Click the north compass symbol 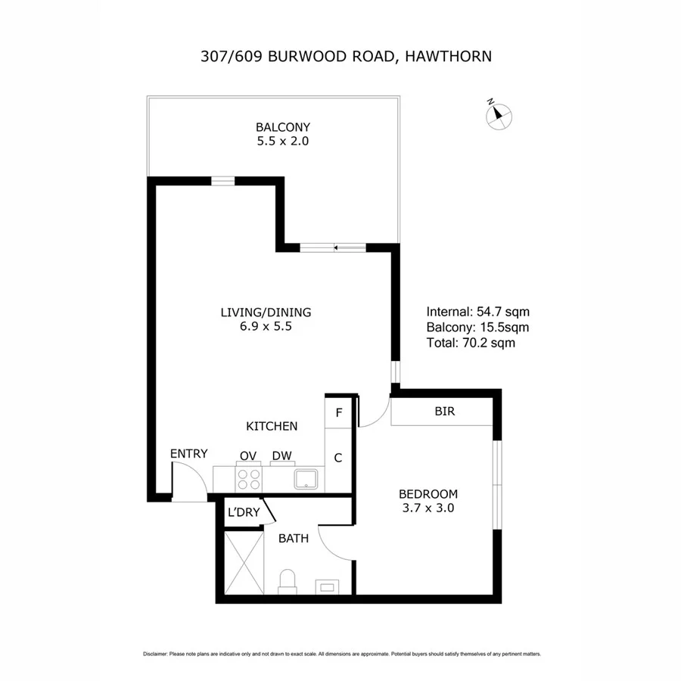pyautogui.click(x=498, y=114)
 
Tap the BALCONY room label pyautogui.click(x=283, y=127)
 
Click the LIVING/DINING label pyautogui.click(x=266, y=312)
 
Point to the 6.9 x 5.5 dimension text pyautogui.click(x=266, y=328)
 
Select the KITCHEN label pyautogui.click(x=272, y=427)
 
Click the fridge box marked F pyautogui.click(x=339, y=412)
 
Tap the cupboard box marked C pyautogui.click(x=338, y=458)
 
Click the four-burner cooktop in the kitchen pyautogui.click(x=249, y=480)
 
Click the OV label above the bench pyautogui.click(x=248, y=455)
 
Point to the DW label pyautogui.click(x=282, y=455)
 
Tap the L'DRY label pyautogui.click(x=244, y=513)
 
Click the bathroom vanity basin pyautogui.click(x=328, y=585)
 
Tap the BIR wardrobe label pyautogui.click(x=444, y=412)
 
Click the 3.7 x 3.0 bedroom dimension pyautogui.click(x=428, y=508)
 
